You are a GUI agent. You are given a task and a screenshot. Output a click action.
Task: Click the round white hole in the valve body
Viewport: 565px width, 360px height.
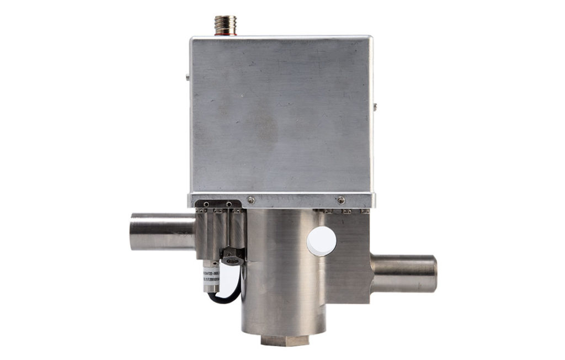[x=321, y=241]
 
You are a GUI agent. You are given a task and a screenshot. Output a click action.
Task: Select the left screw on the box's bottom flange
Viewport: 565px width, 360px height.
[x=251, y=200]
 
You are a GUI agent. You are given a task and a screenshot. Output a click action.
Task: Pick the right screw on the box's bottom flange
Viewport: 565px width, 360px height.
[x=341, y=200]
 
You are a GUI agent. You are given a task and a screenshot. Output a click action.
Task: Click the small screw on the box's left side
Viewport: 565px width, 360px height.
[x=188, y=76]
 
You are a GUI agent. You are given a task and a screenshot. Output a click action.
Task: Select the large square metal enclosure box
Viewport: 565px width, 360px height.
[x=281, y=116]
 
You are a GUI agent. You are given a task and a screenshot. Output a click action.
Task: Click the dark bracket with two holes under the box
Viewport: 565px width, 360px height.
[x=218, y=206]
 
